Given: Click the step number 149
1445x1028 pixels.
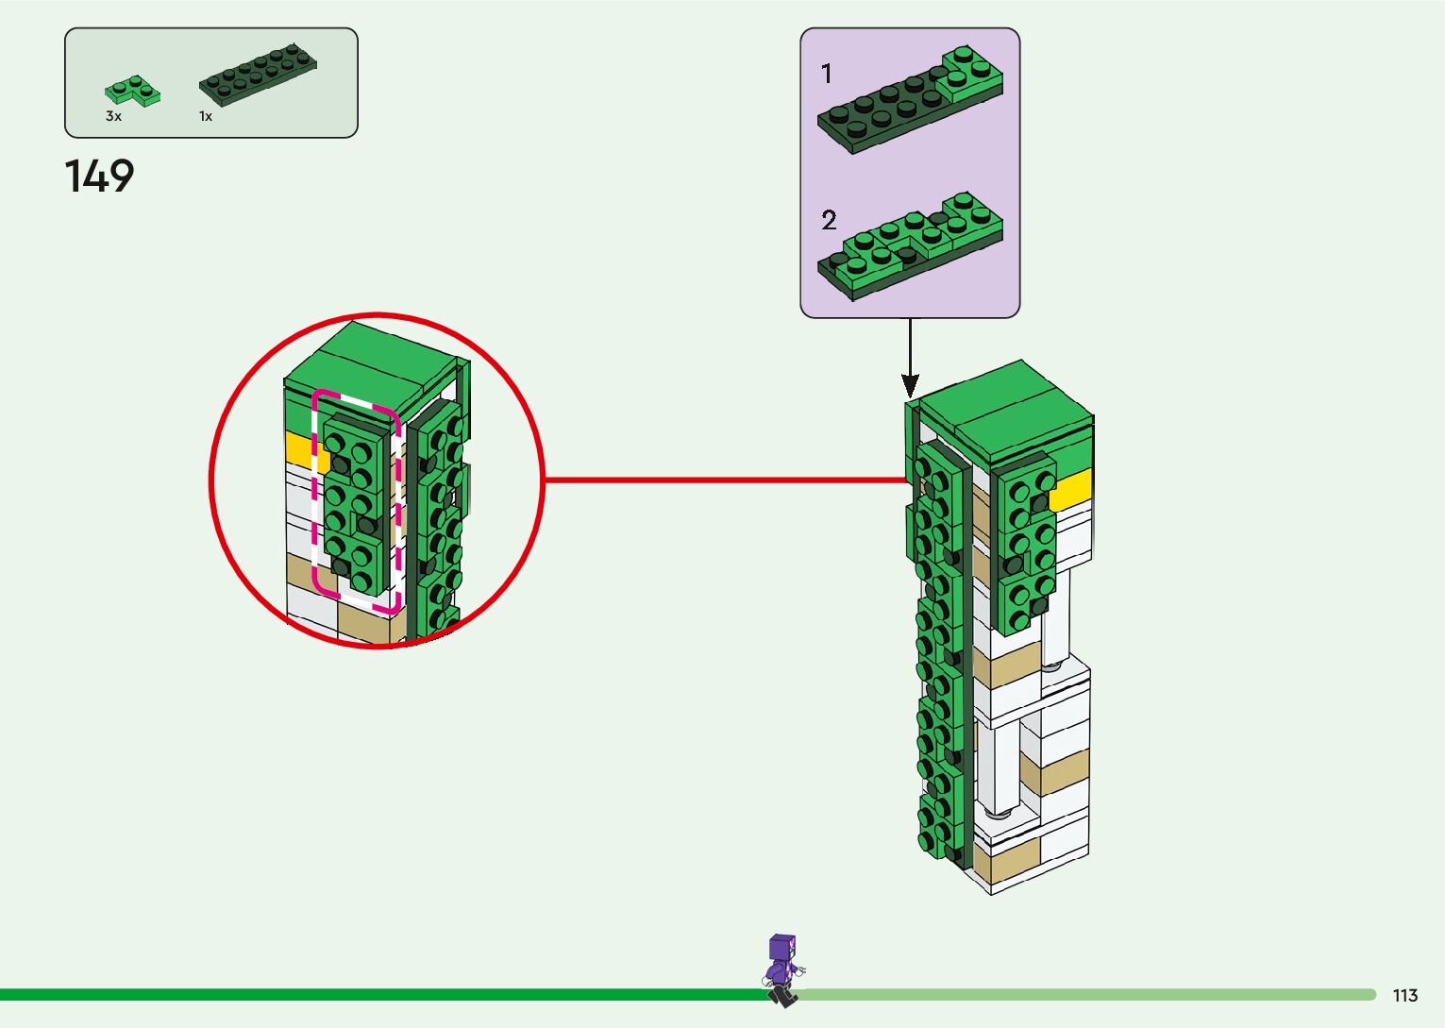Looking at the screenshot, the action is point(99,177).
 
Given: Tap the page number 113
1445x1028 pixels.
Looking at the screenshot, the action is point(1404,996).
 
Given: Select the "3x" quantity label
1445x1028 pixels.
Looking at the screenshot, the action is point(113,116).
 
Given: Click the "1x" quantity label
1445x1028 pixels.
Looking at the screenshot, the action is point(205,116).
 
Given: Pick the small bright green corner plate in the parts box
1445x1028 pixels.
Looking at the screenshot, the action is point(131,91).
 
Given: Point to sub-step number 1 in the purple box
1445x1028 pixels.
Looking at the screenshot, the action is point(827,74).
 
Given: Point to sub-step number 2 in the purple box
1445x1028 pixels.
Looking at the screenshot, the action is point(829,221).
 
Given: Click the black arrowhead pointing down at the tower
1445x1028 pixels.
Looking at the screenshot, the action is point(910,385).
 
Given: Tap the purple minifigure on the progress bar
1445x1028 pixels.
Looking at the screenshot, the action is point(782,969).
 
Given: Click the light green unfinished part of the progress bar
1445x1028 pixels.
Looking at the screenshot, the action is point(1085,994).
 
